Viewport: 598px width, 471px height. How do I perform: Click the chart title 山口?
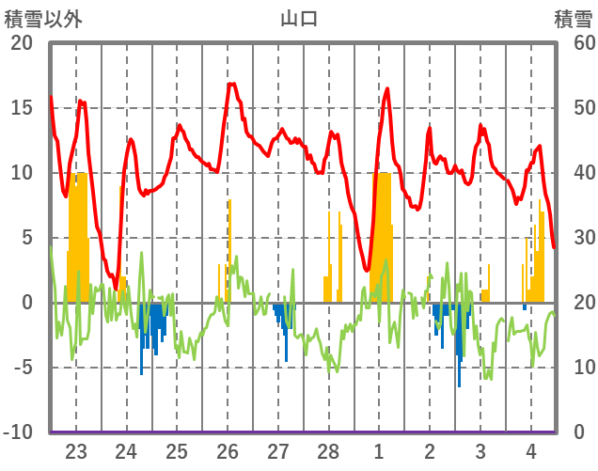(299, 18)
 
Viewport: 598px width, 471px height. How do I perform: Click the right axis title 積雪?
(572, 18)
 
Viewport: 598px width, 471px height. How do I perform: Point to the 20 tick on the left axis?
(21, 43)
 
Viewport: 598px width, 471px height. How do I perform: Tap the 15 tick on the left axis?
(21, 108)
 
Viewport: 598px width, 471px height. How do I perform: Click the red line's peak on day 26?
(231, 85)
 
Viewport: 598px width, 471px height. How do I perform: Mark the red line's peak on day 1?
(387, 89)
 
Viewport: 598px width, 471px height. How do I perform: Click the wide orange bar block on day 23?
(78, 235)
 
